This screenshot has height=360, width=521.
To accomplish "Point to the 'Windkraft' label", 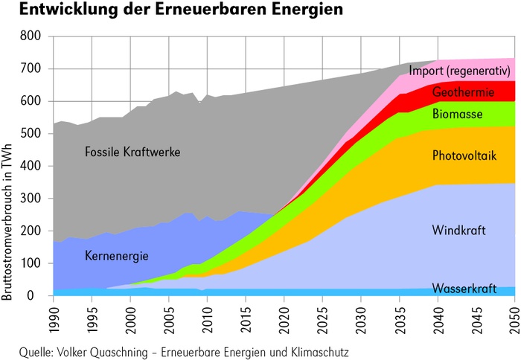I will pyautogui.click(x=459, y=230).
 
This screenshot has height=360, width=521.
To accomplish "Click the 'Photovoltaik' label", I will pyautogui.click(x=464, y=155).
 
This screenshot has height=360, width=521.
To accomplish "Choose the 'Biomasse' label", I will pyautogui.click(x=458, y=115).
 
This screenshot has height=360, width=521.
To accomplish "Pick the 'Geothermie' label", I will pyautogui.click(x=461, y=92).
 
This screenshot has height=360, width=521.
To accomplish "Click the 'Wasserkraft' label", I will pyautogui.click(x=461, y=288).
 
